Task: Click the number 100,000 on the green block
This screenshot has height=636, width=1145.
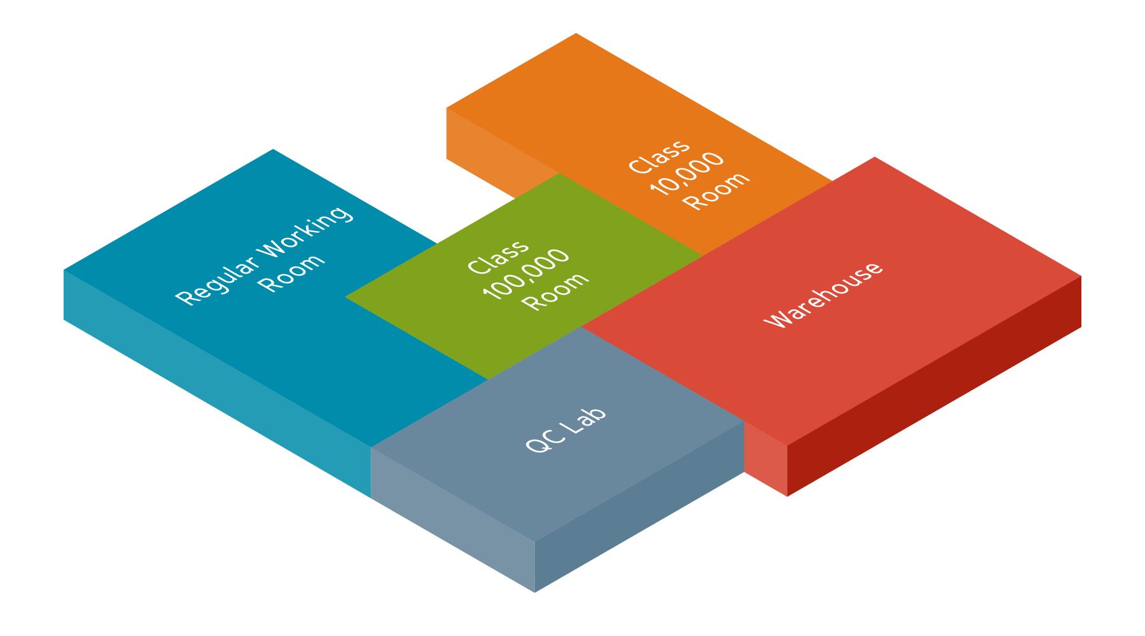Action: tap(525, 273)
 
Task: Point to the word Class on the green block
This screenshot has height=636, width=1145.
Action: tap(498, 256)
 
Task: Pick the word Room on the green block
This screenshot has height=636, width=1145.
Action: tap(555, 291)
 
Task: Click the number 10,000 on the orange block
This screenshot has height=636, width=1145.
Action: tap(686, 173)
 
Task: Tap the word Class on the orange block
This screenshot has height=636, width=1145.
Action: tap(659, 156)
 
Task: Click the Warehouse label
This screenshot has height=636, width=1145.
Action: tap(824, 294)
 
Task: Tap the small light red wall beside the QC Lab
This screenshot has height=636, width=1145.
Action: tap(765, 459)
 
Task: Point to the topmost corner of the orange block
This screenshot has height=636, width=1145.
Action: tap(576, 34)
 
